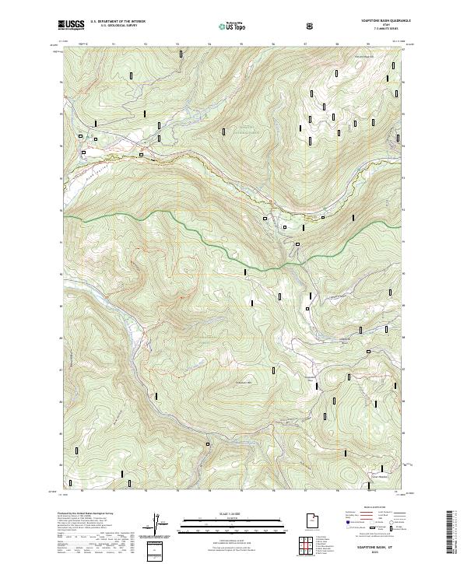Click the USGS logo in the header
point(71,25)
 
